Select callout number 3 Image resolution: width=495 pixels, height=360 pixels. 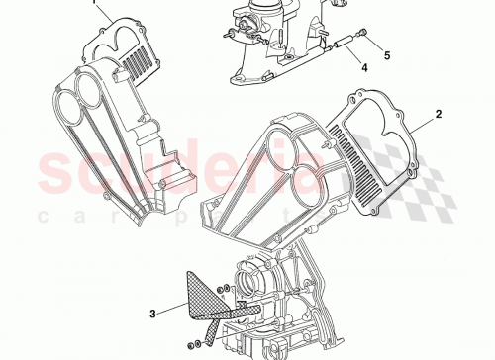click(151, 315)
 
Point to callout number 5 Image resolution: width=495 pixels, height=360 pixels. click(387, 54)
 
